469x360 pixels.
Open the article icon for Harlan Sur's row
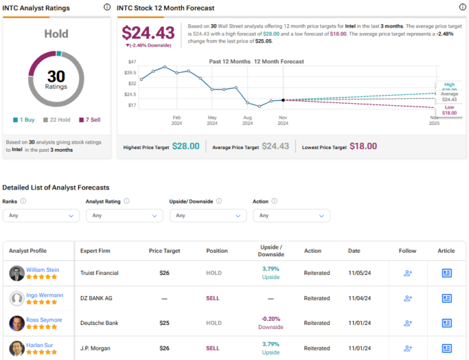click(x=446, y=349)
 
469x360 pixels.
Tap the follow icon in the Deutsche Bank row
click(x=408, y=323)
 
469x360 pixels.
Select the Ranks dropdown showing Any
click(x=41, y=216)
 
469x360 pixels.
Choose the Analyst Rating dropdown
click(x=124, y=216)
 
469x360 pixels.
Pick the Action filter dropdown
click(x=291, y=216)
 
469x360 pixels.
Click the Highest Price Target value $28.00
click(x=186, y=146)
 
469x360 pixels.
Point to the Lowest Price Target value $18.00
click(x=363, y=146)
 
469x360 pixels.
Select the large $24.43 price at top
click(x=148, y=32)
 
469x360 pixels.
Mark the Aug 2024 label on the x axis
click(x=247, y=120)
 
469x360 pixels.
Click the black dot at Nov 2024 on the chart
click(x=283, y=100)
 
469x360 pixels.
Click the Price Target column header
click(x=164, y=251)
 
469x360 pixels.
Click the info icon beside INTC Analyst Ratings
click(x=106, y=7)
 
